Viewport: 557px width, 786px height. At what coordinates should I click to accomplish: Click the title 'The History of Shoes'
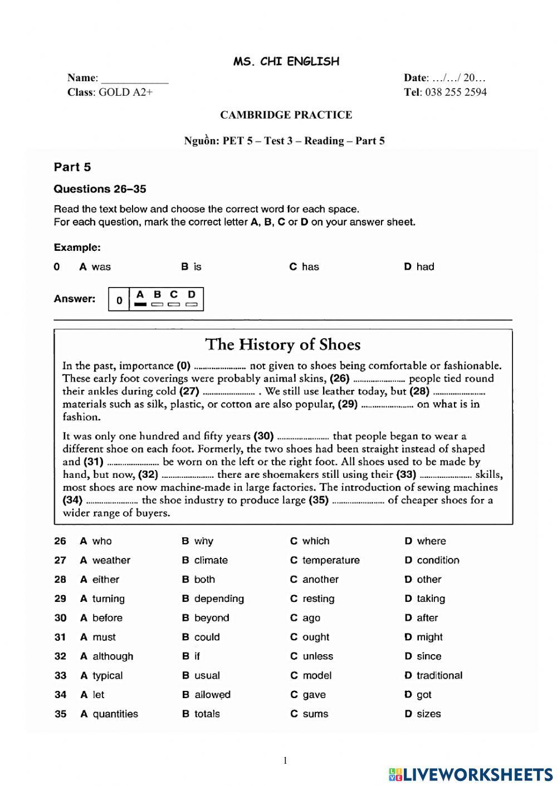click(283, 344)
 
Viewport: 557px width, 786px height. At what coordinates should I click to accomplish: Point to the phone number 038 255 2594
click(455, 92)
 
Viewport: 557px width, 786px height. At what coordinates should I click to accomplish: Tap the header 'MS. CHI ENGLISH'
click(286, 61)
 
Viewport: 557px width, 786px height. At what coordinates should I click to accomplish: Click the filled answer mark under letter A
click(140, 304)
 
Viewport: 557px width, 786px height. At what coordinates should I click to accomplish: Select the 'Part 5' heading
click(72, 167)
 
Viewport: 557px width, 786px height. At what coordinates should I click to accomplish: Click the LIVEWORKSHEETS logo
click(471, 774)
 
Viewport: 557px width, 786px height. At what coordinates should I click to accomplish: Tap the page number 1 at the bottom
click(285, 761)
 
